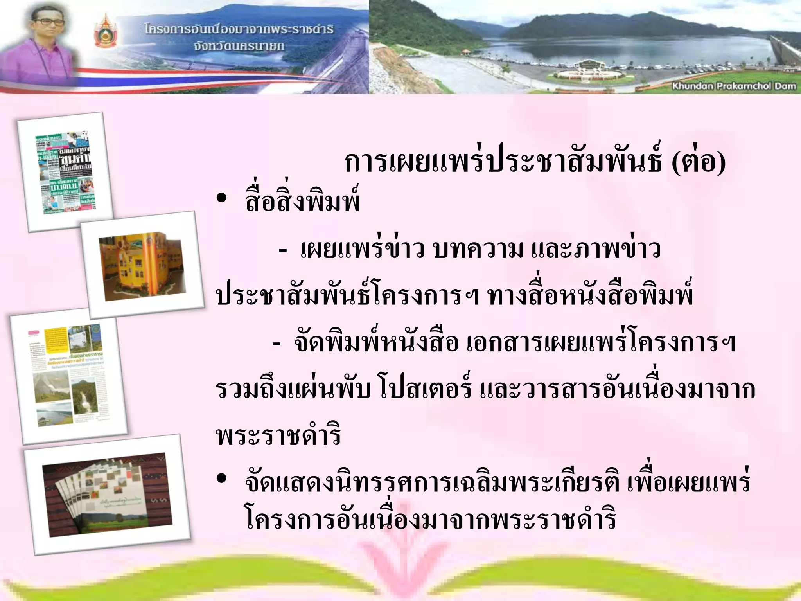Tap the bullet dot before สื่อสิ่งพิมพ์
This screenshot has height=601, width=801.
(x=221, y=198)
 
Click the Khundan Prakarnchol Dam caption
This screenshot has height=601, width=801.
(x=734, y=86)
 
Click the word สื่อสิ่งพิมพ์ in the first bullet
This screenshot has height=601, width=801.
(x=302, y=202)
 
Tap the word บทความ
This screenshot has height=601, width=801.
(x=478, y=249)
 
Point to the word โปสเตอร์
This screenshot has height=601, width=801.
(x=426, y=389)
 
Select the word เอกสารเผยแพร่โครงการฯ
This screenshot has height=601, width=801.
(x=601, y=343)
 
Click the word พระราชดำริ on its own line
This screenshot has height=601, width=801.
(x=278, y=436)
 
